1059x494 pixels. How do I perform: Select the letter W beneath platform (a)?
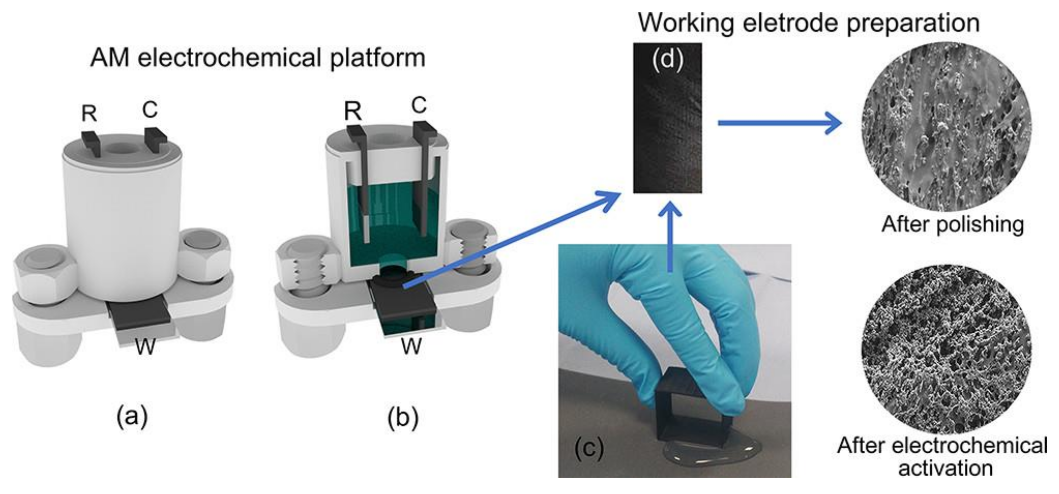click(x=146, y=347)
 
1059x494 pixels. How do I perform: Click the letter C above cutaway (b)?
click(x=418, y=105)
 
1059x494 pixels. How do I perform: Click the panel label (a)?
click(x=132, y=417)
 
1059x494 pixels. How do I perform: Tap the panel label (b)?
click(x=403, y=417)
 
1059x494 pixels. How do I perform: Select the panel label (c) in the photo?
click(x=589, y=448)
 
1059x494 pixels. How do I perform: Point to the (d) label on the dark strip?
click(x=667, y=59)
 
